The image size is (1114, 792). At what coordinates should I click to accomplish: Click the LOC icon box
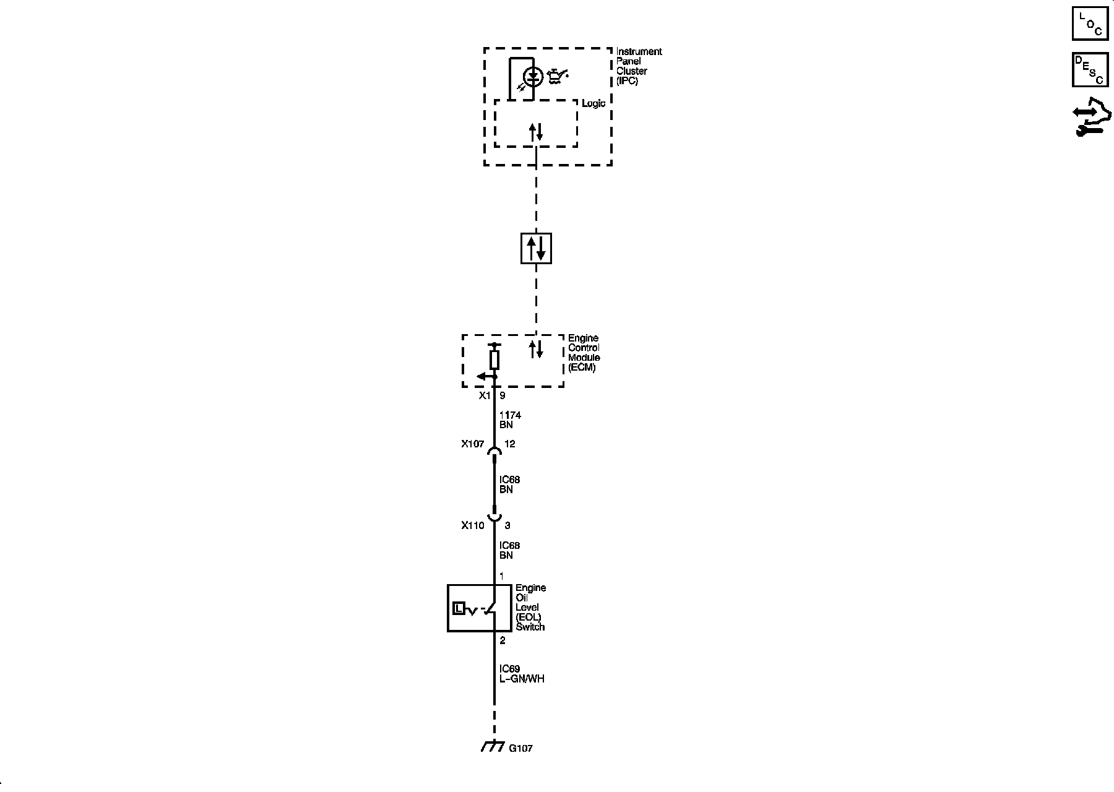(x=1090, y=24)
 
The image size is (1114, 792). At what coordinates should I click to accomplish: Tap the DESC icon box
(x=1090, y=70)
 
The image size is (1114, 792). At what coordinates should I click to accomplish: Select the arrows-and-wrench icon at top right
(x=1092, y=117)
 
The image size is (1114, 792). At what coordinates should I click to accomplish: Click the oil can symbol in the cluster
(x=558, y=77)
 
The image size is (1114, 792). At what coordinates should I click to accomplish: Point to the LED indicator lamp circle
(x=533, y=77)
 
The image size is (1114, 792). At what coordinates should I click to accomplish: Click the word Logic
(x=593, y=103)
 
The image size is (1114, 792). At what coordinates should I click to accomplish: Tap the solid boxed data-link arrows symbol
(x=536, y=249)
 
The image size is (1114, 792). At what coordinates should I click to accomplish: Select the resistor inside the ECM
(x=494, y=359)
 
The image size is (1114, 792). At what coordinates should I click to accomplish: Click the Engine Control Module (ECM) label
(x=584, y=353)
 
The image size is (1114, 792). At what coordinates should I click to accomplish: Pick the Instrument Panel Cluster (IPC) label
(x=639, y=66)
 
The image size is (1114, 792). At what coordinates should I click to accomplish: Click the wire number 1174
(x=510, y=415)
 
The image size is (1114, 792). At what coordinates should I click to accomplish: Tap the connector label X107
(x=473, y=444)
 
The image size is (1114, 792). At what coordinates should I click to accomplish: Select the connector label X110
(x=473, y=525)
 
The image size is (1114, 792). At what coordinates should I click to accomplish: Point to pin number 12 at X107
(x=510, y=444)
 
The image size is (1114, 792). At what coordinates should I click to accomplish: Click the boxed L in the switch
(x=458, y=608)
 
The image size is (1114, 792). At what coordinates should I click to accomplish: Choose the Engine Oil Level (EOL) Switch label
(x=530, y=607)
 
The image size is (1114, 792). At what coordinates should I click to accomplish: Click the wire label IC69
(x=510, y=669)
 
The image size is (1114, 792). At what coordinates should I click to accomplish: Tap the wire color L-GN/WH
(x=522, y=679)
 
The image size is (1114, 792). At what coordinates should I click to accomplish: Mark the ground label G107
(x=520, y=748)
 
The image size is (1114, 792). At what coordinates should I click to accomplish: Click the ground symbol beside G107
(x=491, y=746)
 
